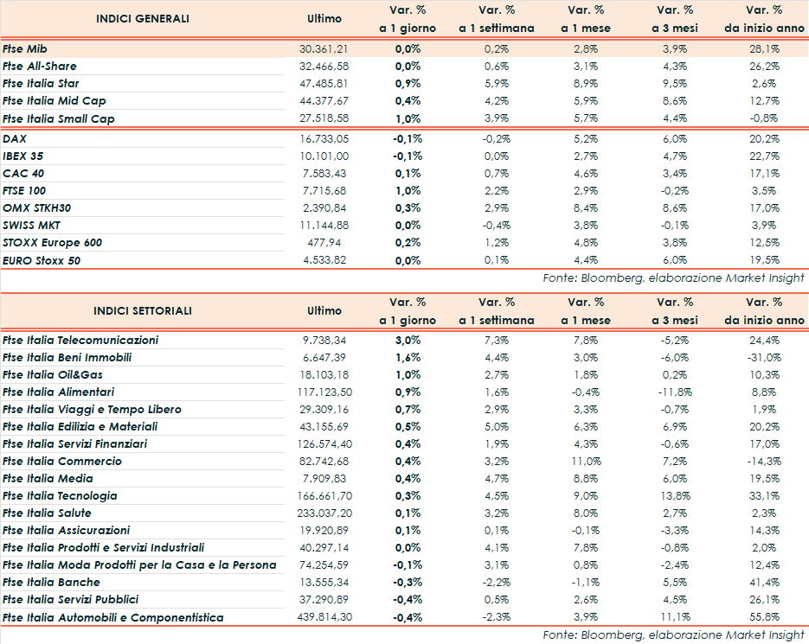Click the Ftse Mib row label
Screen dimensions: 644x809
pos(25,49)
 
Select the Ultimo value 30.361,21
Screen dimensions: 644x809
pos(324,49)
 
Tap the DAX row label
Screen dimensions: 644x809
pos(15,138)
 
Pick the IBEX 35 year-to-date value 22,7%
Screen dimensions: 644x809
pos(764,156)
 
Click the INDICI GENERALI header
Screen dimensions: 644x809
pos(143,18)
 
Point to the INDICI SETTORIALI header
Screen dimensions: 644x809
pos(143,310)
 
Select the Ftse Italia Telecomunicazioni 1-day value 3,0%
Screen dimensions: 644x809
pos(408,341)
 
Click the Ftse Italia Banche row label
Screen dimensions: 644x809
pos(51,583)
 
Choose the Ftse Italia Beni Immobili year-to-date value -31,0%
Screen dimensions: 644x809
pos(764,358)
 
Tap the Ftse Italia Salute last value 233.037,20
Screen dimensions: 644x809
pos(321,513)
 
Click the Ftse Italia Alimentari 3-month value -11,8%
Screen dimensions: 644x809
pos(675,392)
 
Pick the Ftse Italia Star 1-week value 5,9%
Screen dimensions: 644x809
pos(497,84)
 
